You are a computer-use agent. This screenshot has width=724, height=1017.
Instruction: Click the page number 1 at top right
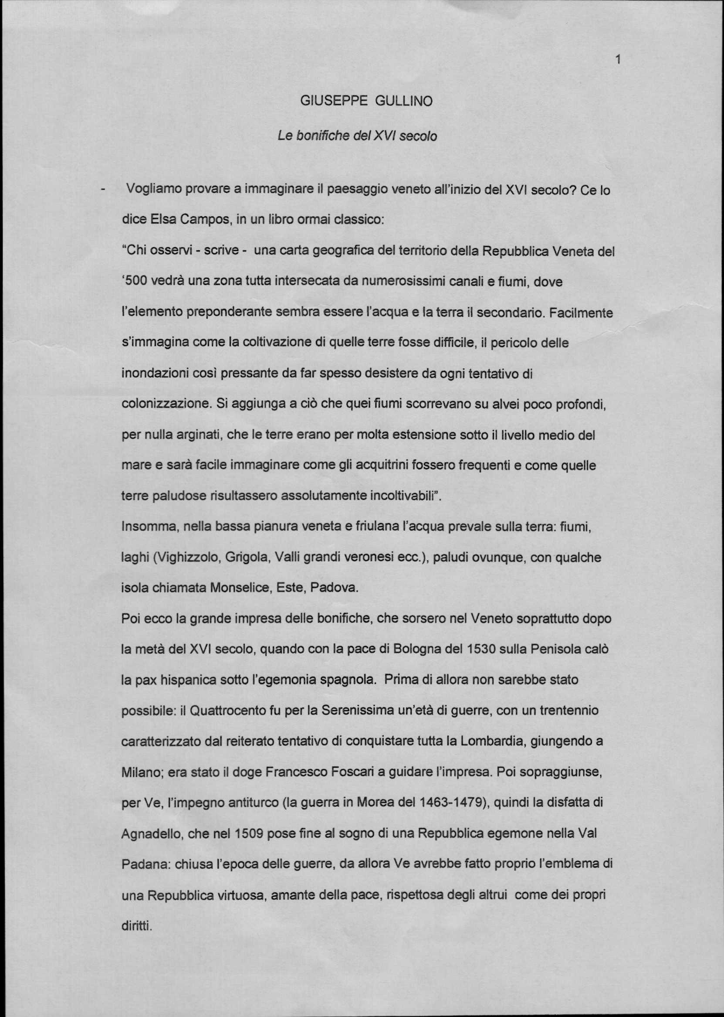[617, 59]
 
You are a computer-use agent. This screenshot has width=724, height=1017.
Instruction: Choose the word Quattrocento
[222, 711]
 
